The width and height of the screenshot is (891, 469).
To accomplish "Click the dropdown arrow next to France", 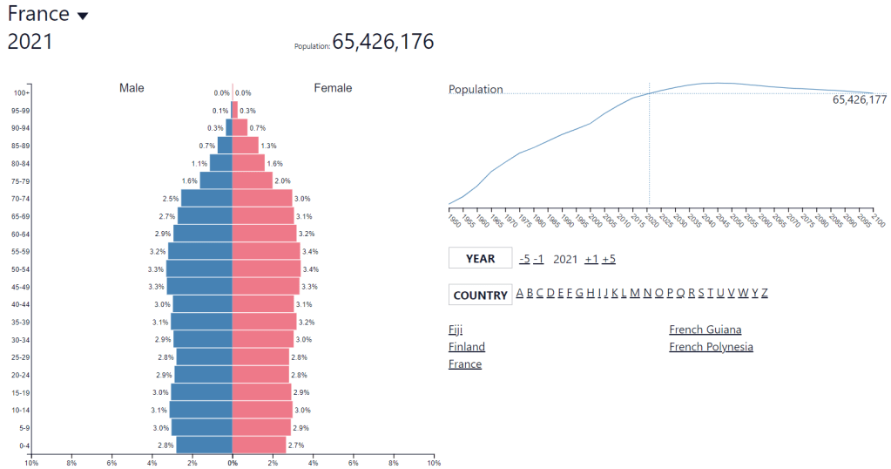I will [x=83, y=16].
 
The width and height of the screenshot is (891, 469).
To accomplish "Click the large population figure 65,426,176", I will [x=382, y=42].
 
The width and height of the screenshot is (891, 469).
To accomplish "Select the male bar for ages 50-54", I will [x=199, y=269].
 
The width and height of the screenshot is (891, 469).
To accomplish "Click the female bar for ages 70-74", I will [x=262, y=199].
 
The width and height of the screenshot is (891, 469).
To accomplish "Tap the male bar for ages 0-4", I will [x=205, y=445].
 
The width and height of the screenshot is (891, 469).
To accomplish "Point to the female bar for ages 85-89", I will [x=245, y=146].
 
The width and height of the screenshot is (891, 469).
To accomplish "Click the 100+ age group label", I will [x=21, y=92].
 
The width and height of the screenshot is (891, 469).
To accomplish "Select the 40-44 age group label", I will [x=21, y=304].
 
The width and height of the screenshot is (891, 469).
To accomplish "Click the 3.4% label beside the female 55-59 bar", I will [x=310, y=252].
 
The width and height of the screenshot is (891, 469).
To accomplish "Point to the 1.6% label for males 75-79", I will [x=189, y=181].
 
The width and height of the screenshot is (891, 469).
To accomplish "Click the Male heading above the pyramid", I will [x=132, y=88].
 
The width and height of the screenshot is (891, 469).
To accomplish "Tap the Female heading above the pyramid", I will [x=333, y=88].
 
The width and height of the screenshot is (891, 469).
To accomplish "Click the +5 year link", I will [x=608, y=259].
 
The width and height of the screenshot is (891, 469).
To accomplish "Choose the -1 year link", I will [x=538, y=259].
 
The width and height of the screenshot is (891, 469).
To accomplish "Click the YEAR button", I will [x=480, y=258].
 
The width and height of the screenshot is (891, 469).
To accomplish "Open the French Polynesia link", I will [x=711, y=347].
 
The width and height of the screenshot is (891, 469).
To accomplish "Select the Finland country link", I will [x=467, y=347].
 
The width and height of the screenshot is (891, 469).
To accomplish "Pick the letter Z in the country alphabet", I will [x=765, y=293].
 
